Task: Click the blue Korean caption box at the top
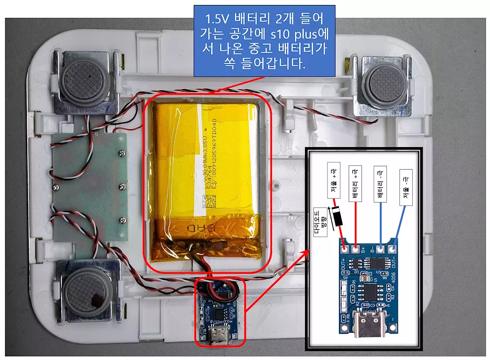(x=264, y=41)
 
